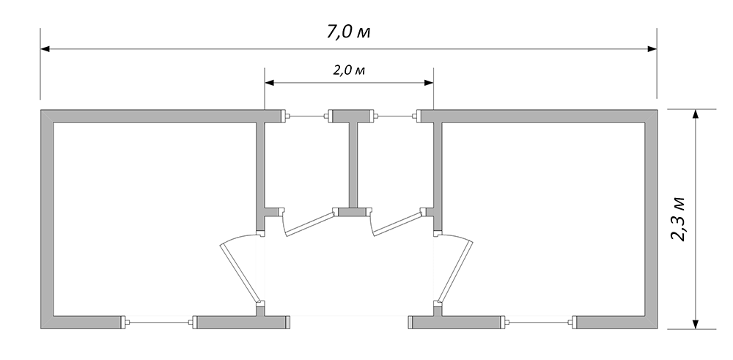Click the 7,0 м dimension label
tap(349, 32)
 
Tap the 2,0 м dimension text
tap(349, 70)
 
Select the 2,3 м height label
tap(677, 218)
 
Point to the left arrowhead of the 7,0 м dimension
tap(45, 48)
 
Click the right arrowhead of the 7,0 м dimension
tap(652, 48)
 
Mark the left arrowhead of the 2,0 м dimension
tap(269, 83)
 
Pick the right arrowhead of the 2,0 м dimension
tap(429, 83)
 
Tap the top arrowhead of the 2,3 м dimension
tap(695, 114)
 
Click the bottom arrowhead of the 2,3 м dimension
tap(695, 324)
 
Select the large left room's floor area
tap(154, 218)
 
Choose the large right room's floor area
tap(543, 218)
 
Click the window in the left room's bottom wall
tap(159, 322)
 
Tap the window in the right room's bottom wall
tap(539, 322)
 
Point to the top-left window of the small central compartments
tap(306, 116)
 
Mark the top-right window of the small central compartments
tap(396, 116)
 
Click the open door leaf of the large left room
tap(240, 271)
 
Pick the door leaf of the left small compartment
tap(310, 224)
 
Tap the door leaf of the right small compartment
tap(399, 224)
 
